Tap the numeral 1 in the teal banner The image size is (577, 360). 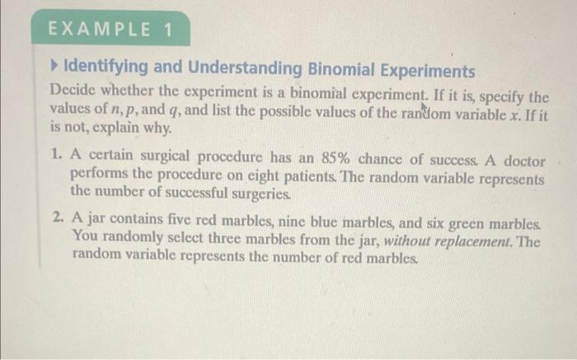[x=168, y=30]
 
